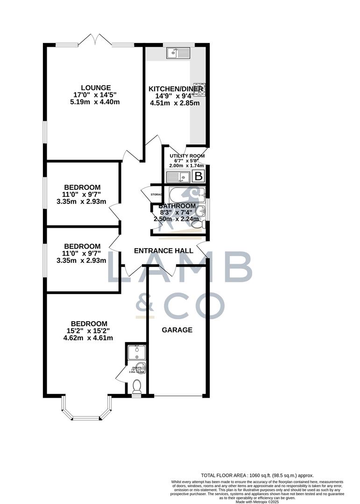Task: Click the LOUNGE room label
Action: (x=96, y=87)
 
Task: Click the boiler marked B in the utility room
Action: (x=198, y=176)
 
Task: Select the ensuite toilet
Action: (x=137, y=387)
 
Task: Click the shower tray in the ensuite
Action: (x=136, y=351)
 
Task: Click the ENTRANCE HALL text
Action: (x=163, y=251)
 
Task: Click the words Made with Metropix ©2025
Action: (x=257, y=501)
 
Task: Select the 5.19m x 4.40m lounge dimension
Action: (x=96, y=102)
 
